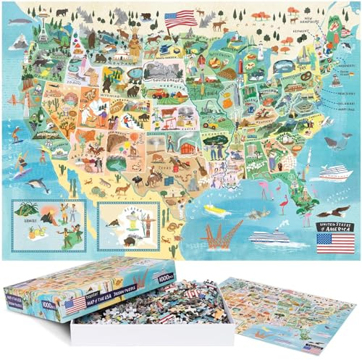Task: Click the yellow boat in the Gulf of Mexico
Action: point(213,209)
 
